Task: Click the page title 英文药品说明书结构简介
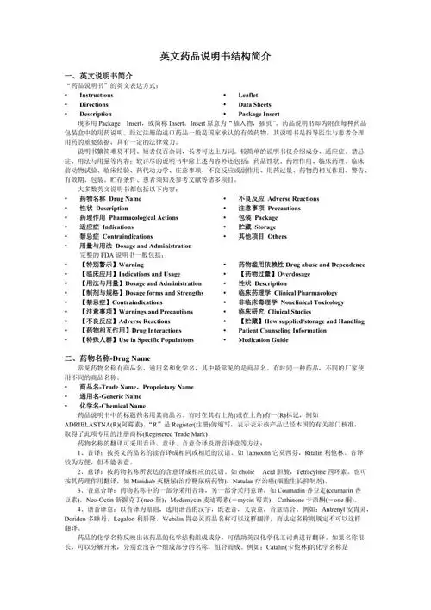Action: pyautogui.click(x=215, y=56)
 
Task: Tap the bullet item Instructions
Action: pyautogui.click(x=99, y=96)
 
